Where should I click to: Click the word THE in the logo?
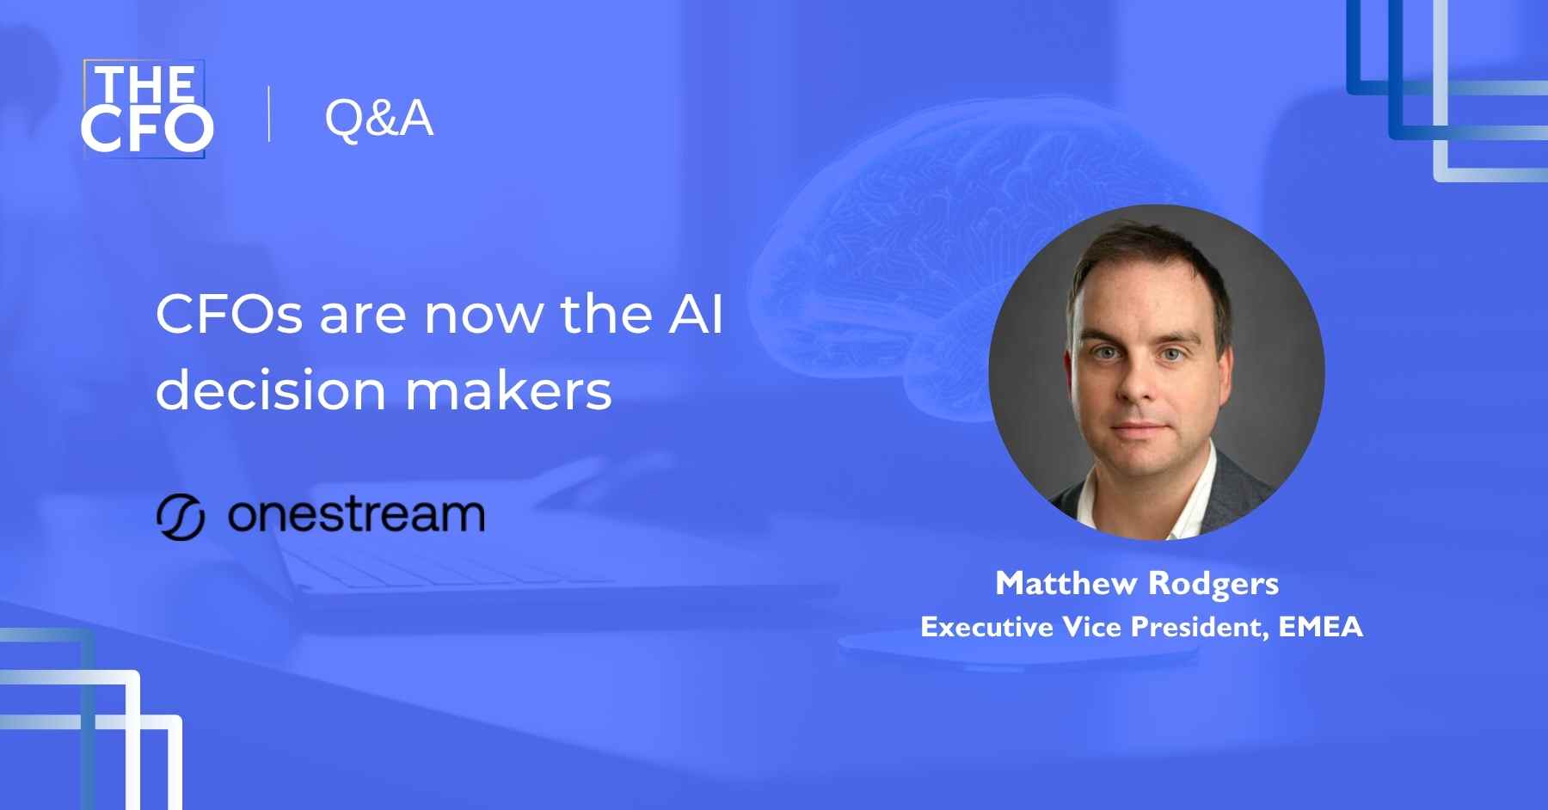tap(145, 84)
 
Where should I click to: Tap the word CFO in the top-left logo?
tap(147, 129)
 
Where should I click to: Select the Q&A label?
tap(378, 118)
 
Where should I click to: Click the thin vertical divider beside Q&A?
tap(269, 114)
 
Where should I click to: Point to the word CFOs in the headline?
tap(230, 314)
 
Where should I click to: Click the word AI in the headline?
tap(696, 314)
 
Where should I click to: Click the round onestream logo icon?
tap(181, 517)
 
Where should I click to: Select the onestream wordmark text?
tap(356, 515)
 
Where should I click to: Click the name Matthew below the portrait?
tap(1066, 583)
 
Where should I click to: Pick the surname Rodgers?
tap(1213, 585)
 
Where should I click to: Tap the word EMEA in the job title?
tap(1321, 627)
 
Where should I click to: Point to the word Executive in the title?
tap(987, 627)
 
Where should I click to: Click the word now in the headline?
tap(482, 316)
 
